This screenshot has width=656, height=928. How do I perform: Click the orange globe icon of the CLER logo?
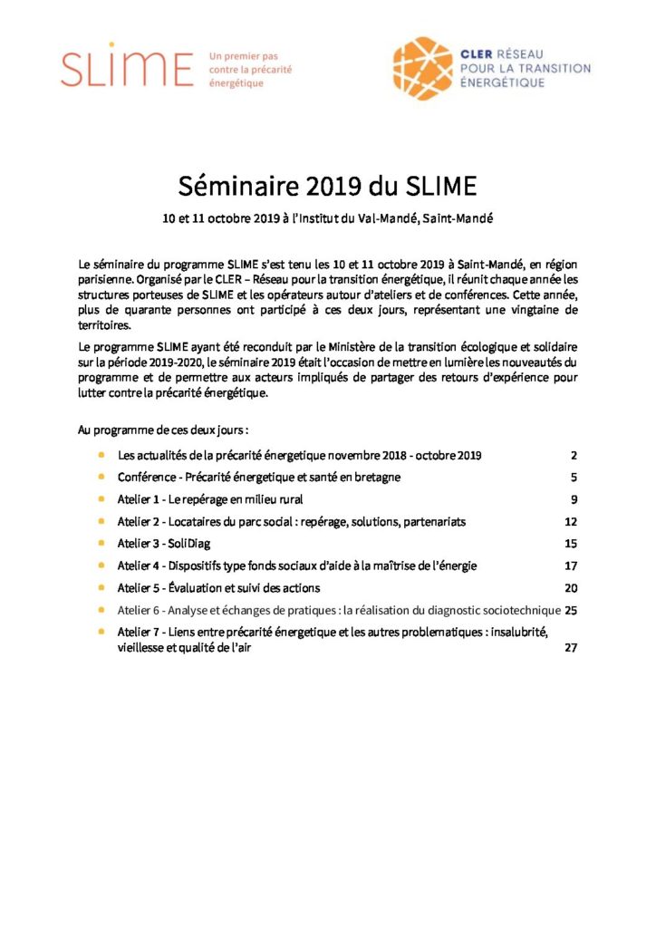(421, 67)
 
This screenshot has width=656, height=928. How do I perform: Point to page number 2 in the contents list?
(574, 455)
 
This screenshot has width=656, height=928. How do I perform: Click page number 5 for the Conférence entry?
(574, 477)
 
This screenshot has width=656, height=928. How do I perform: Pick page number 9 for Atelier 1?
(574, 499)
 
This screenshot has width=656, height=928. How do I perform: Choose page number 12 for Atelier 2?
(571, 522)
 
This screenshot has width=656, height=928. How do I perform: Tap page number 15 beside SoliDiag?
(571, 544)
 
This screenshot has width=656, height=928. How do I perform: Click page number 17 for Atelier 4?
(571, 565)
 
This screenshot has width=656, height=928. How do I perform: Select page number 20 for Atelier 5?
(571, 588)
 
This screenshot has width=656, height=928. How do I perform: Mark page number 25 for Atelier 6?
(571, 610)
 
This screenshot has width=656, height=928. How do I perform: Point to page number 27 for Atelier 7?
(571, 647)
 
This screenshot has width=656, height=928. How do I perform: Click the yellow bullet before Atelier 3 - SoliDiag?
(102, 544)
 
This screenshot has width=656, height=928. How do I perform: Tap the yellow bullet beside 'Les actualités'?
(102, 455)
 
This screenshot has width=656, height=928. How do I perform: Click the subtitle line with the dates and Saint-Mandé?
(327, 218)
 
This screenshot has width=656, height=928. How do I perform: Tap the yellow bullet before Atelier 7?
(102, 632)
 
